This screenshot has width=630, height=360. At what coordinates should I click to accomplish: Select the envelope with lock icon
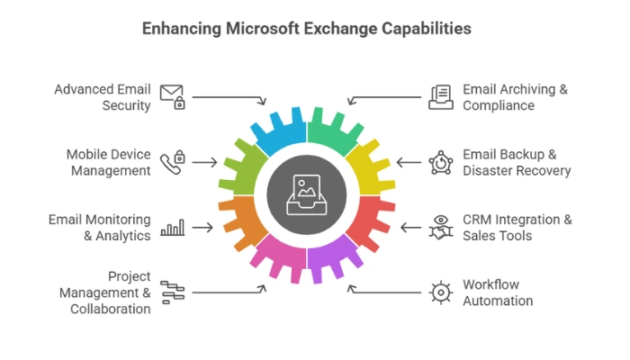click(x=172, y=96)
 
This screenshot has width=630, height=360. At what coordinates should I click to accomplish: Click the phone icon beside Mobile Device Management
click(x=172, y=163)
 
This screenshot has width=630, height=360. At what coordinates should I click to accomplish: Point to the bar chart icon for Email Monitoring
click(x=172, y=228)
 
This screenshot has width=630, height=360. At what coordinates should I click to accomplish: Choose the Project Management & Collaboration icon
click(x=172, y=292)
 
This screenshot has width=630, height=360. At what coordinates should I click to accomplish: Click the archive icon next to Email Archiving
click(x=440, y=96)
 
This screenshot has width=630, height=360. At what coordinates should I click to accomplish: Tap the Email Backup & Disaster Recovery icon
click(x=440, y=163)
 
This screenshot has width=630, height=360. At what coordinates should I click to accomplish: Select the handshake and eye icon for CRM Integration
click(x=440, y=228)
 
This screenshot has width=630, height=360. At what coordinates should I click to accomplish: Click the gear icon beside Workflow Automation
click(x=440, y=292)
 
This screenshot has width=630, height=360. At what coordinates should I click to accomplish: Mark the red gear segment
click(x=370, y=221)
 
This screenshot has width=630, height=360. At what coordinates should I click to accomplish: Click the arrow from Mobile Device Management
click(x=205, y=163)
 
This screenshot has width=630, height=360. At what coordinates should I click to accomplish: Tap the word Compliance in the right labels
click(x=499, y=105)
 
